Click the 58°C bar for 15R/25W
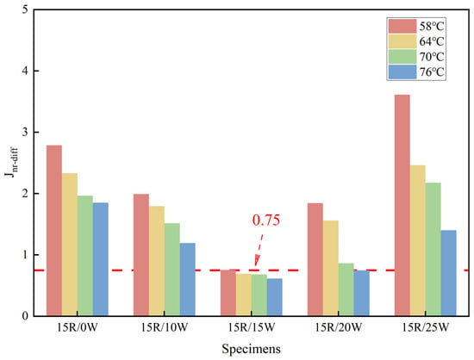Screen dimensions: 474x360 402,205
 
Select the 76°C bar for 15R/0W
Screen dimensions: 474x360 100,259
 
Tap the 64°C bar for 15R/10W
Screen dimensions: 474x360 157,261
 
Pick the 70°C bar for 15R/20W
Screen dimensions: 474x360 346,289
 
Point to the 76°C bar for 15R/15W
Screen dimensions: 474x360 274,297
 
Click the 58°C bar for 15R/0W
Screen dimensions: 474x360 54,231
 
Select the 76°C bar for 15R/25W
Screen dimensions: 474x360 449,273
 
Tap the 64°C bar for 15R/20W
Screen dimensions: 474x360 331,268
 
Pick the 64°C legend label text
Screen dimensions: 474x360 432,41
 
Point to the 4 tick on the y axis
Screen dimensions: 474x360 36,71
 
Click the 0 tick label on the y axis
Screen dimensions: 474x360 25,316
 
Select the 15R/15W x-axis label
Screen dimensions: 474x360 252,327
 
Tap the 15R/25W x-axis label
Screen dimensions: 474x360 426,327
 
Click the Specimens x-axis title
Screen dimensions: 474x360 251,349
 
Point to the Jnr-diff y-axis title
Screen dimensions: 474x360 13,163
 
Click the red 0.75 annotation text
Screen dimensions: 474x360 266,220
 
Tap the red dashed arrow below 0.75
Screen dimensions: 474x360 259,250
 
